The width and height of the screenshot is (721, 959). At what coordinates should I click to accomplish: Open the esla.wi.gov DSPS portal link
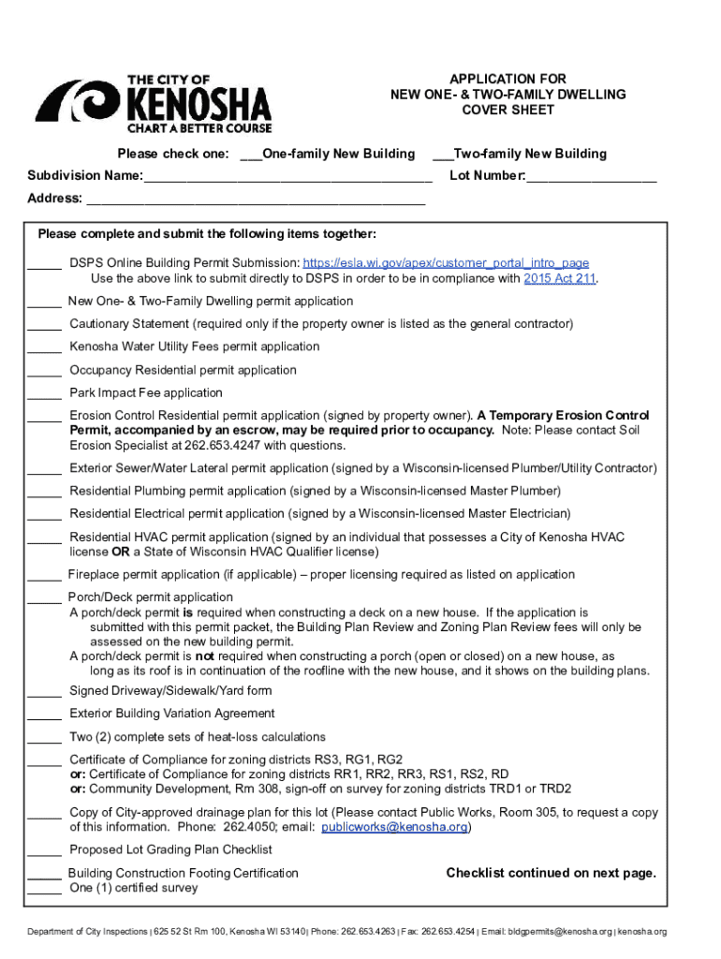[x=446, y=263]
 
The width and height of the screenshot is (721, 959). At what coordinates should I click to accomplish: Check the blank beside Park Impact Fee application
[x=44, y=394]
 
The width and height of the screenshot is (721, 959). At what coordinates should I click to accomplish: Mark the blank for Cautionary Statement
[x=44, y=325]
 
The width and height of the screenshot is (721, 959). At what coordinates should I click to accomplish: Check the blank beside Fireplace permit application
[x=44, y=576]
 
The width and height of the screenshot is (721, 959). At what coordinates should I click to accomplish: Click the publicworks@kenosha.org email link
[x=394, y=828]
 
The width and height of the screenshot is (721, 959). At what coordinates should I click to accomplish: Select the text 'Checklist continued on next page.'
[x=551, y=873]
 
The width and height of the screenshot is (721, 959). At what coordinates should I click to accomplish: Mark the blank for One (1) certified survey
[x=44, y=890]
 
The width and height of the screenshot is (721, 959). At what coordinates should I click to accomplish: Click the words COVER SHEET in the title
[x=508, y=110]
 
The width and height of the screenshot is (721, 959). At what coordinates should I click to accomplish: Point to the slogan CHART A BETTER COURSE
[x=199, y=127]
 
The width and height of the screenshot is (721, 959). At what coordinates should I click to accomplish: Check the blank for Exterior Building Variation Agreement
[x=44, y=715]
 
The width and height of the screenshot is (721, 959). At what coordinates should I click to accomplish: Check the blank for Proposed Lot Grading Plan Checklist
[x=44, y=851]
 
